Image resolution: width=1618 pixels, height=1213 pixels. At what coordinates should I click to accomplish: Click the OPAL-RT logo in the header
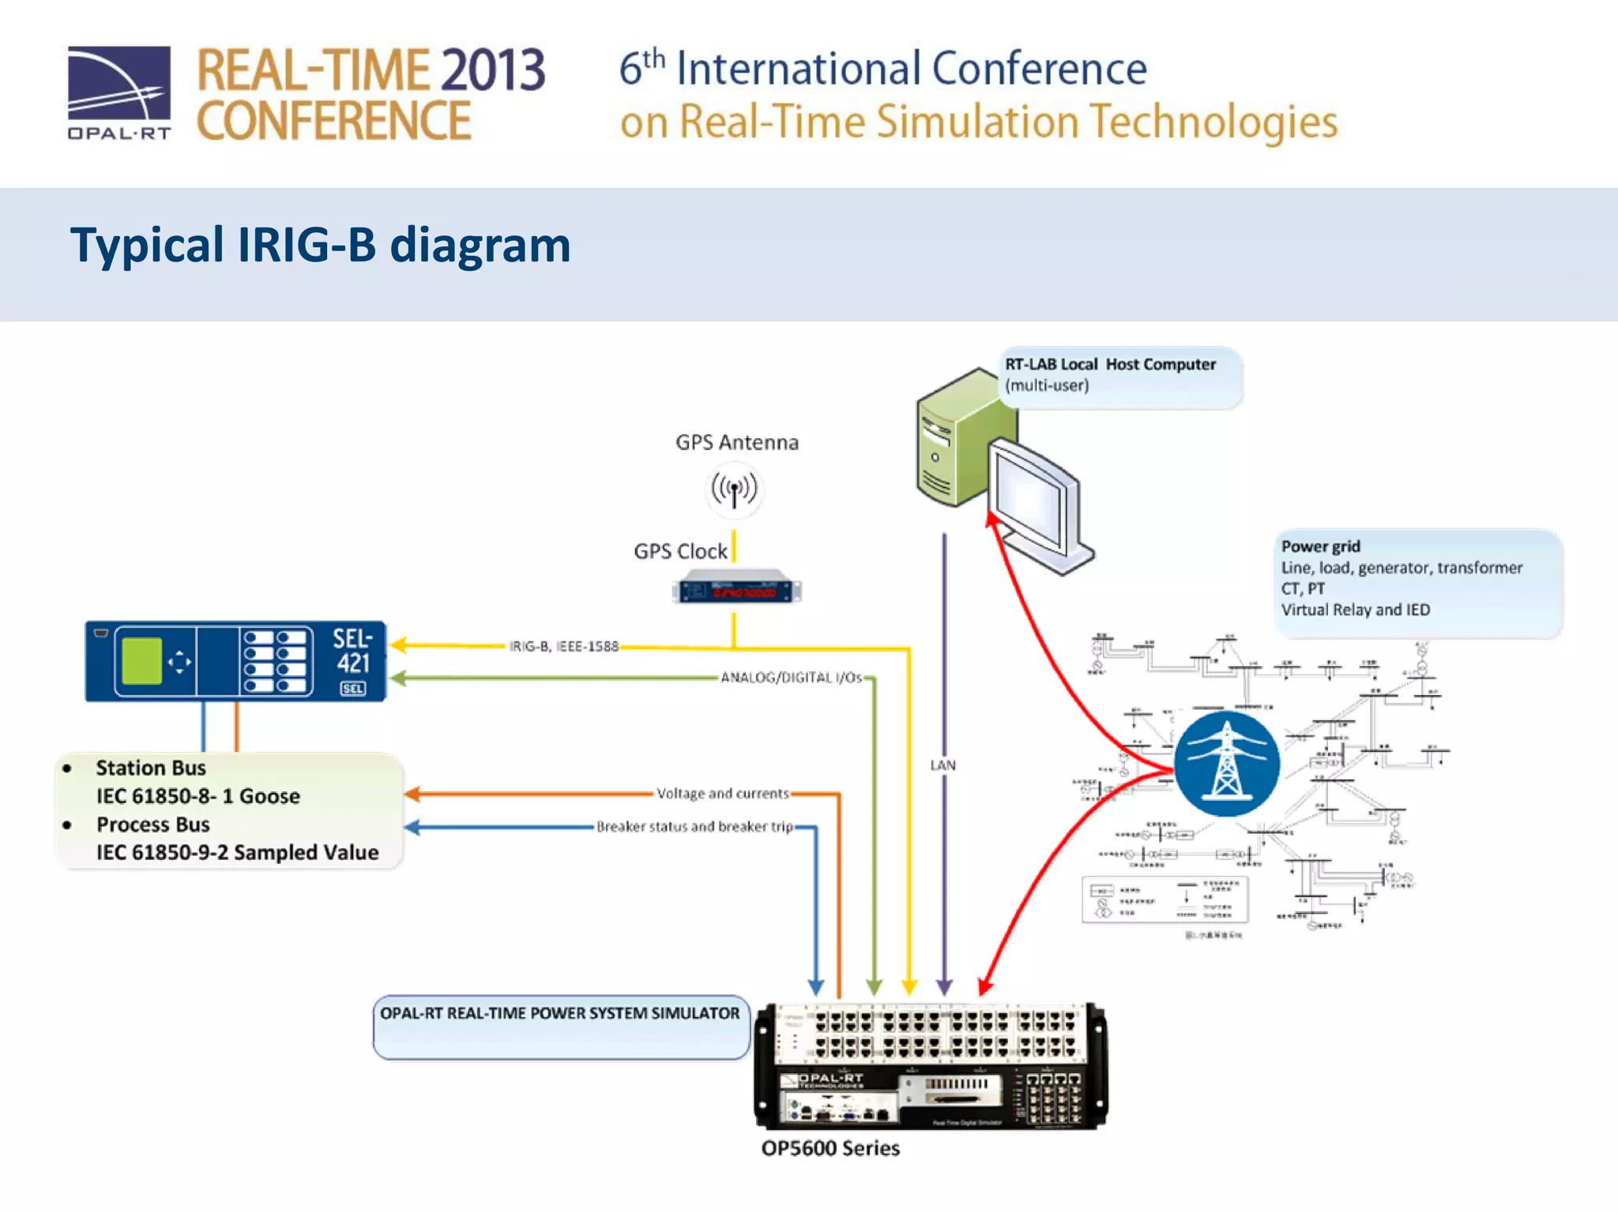[x=119, y=92]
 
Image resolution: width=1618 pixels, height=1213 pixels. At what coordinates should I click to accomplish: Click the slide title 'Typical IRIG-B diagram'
[x=320, y=245]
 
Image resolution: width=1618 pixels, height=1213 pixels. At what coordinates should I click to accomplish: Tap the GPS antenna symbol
[x=734, y=490]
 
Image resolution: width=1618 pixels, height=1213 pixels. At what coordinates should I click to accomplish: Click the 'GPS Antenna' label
[x=736, y=442]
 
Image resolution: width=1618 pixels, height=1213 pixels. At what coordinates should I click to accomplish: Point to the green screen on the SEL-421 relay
[x=142, y=661]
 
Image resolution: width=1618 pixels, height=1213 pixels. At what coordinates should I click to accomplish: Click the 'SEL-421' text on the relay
[x=352, y=651]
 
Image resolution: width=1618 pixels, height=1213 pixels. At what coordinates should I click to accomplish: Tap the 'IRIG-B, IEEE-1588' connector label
[x=563, y=647]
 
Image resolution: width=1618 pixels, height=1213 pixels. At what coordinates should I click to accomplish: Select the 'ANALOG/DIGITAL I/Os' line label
[x=791, y=678]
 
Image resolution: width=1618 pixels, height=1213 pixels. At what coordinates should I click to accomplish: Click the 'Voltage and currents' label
[x=722, y=794]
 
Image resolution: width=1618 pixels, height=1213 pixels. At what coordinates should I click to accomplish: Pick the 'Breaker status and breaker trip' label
[x=694, y=827]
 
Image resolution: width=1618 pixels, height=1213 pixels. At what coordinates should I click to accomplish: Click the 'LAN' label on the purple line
[x=943, y=765]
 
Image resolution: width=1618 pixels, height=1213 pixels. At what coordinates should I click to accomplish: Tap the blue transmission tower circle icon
[x=1226, y=764]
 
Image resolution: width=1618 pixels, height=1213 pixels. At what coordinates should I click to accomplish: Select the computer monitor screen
[x=1028, y=498]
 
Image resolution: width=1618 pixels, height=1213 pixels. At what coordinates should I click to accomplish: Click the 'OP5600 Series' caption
[x=830, y=1148]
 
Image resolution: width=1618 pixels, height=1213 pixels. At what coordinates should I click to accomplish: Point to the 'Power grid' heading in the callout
[x=1320, y=546]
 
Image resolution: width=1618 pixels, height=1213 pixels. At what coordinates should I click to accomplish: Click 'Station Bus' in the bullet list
[x=151, y=768]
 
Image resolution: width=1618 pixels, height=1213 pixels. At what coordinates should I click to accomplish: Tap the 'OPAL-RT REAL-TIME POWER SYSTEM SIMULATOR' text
[x=559, y=1013]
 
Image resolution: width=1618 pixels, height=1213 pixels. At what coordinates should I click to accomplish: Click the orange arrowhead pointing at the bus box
[x=412, y=794]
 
